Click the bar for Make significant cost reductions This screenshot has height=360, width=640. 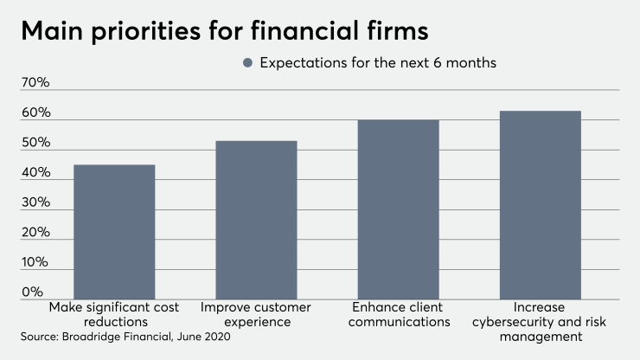114,232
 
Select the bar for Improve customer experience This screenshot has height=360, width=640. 256,220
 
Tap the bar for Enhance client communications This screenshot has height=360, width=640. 398,209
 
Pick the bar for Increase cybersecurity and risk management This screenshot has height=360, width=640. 540,205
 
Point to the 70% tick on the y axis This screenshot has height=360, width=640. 36,83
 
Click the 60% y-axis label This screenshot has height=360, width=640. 36,113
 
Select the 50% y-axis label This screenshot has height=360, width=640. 36,143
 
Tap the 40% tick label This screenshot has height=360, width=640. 36,173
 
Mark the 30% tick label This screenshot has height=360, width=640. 36,202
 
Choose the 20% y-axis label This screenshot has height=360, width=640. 36,233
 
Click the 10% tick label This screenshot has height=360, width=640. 36,263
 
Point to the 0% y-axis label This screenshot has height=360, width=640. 32,292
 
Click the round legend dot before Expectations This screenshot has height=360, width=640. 248,63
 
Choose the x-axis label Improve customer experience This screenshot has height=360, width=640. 256,315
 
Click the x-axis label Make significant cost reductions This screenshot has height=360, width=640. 114,315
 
